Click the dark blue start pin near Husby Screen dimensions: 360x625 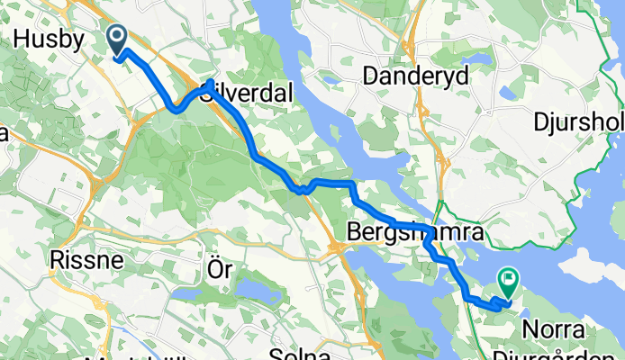[118, 39]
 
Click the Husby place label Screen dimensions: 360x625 [50, 40]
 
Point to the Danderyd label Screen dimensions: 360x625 [416, 77]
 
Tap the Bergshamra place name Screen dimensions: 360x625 [415, 234]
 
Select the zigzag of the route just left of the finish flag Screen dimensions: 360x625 [494, 303]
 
